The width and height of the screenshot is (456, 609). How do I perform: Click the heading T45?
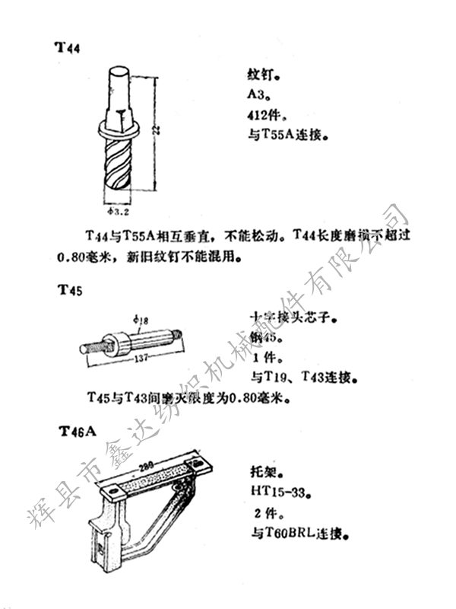click(x=68, y=290)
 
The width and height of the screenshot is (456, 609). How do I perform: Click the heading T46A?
click(x=78, y=432)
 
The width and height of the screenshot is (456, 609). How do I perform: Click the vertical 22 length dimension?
click(x=154, y=131)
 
